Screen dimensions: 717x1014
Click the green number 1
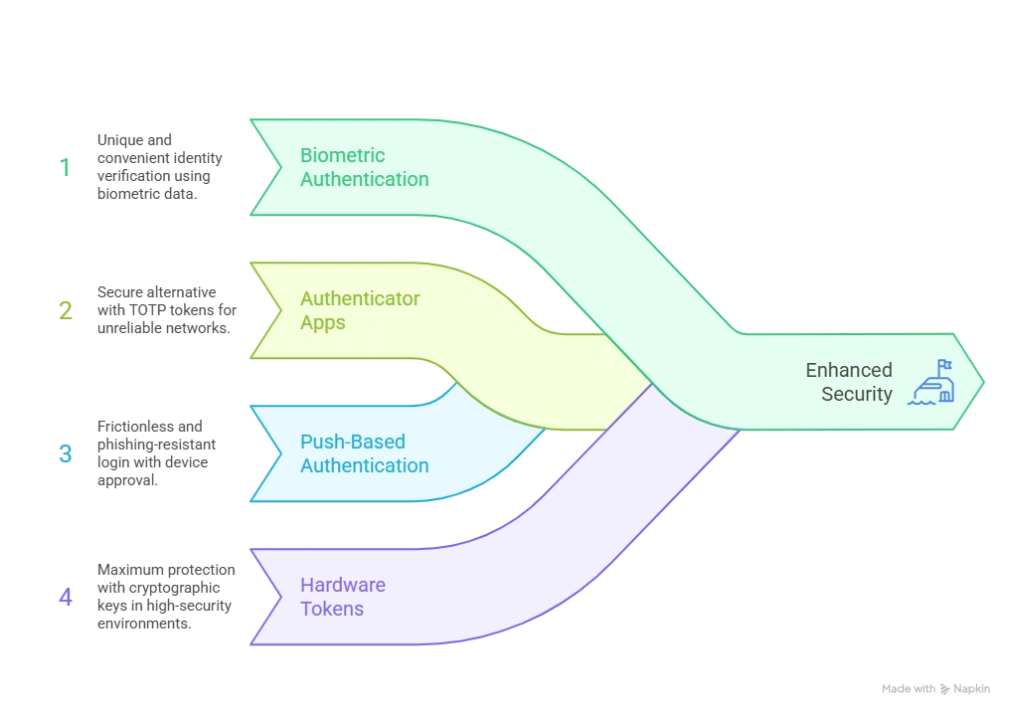(x=66, y=167)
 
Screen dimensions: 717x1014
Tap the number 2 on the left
(x=66, y=310)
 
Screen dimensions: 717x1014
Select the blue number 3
(x=66, y=454)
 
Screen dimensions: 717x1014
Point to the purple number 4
(x=66, y=598)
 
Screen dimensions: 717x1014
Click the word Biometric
(x=342, y=155)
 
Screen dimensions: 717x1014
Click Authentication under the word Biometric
(x=365, y=179)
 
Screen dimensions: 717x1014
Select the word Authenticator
(x=360, y=298)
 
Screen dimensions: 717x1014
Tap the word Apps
(x=323, y=322)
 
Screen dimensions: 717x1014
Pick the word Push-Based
(x=352, y=442)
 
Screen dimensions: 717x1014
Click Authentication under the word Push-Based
(x=365, y=465)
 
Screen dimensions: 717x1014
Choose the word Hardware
(x=342, y=585)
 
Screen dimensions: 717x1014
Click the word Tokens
(x=332, y=609)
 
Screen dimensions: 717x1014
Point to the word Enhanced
(x=849, y=370)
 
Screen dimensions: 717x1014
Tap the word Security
(x=857, y=394)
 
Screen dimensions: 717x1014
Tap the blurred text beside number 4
(x=165, y=592)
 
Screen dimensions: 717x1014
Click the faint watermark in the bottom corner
(x=937, y=689)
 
